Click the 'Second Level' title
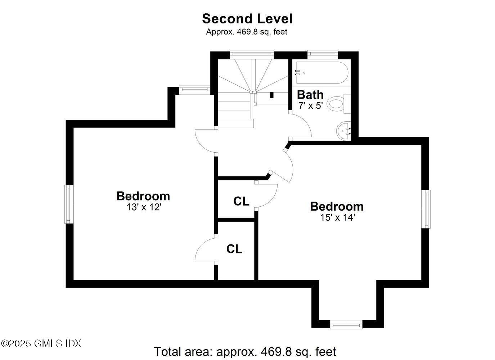247,18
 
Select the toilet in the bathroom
338,104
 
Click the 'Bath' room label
310,95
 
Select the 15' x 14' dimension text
337,217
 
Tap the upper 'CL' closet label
241,201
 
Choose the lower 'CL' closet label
234,249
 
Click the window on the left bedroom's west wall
69,204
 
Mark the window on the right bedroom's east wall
426,209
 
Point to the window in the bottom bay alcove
346,325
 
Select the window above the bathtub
323,54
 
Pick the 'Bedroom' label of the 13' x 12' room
143,196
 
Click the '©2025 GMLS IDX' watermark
41,343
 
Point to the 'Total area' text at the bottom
245,351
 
